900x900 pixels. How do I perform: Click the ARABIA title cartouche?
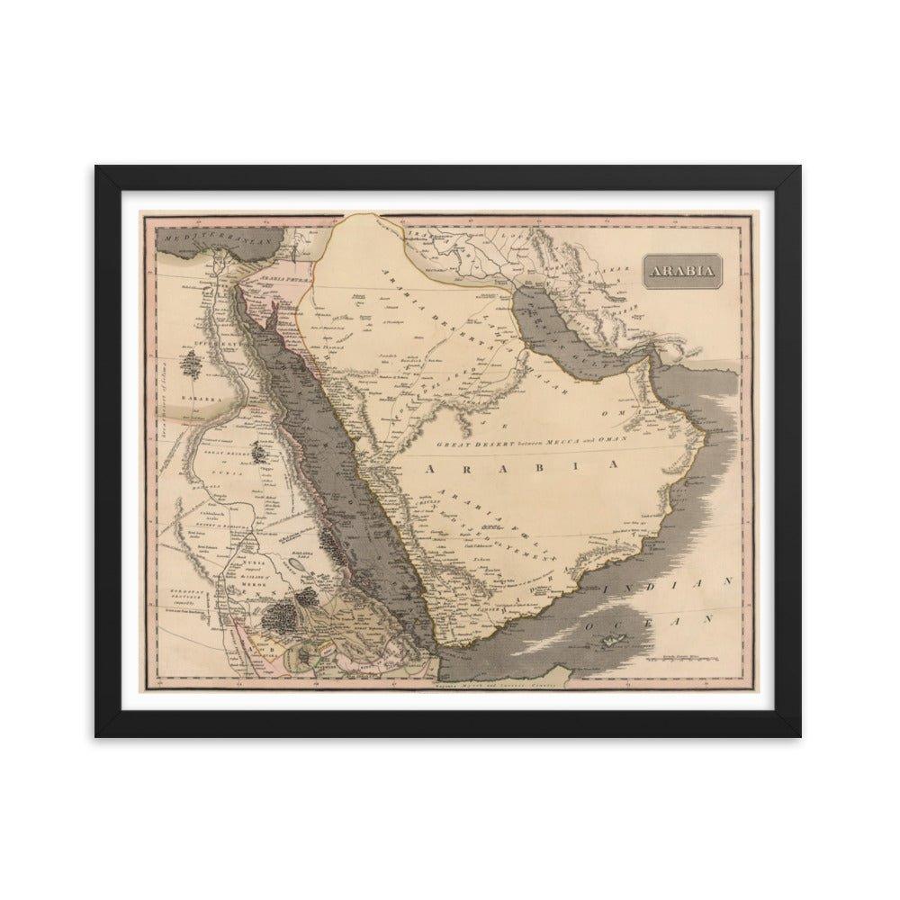[x=681, y=270]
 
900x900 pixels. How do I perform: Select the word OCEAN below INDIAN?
[x=647, y=621]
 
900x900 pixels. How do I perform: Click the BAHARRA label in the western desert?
[x=193, y=395]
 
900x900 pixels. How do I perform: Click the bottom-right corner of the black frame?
[x=803, y=735]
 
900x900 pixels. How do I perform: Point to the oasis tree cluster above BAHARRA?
[x=193, y=364]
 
